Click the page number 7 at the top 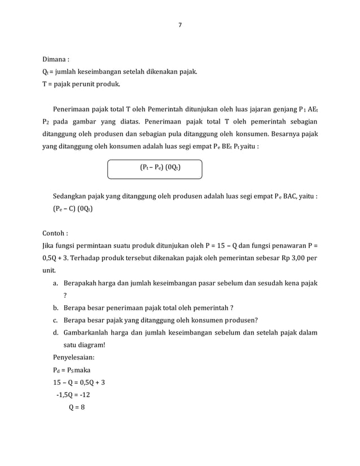coord(180,25)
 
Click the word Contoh coord(55,233)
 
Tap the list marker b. coord(55,307)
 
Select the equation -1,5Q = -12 coord(73,394)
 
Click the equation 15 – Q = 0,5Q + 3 coord(78,382)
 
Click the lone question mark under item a coord(65,295)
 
